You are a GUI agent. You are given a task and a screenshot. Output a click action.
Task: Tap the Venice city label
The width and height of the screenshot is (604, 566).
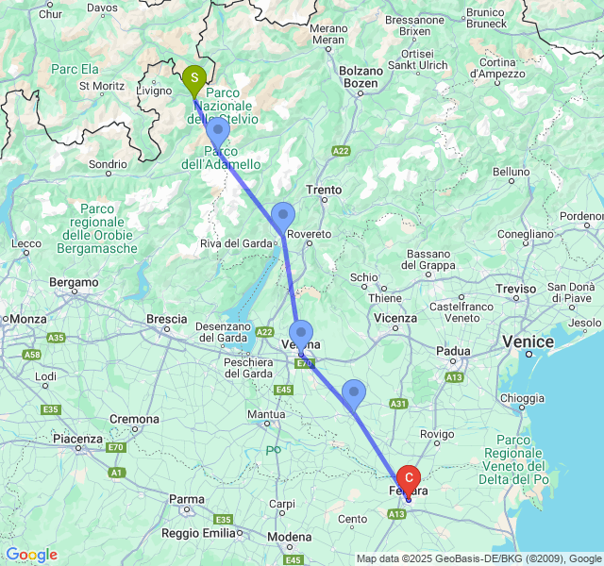(x=528, y=341)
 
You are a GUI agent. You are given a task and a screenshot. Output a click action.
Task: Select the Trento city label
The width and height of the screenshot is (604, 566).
(x=324, y=190)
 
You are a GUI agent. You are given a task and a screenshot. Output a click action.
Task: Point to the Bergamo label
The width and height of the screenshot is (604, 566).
(x=74, y=282)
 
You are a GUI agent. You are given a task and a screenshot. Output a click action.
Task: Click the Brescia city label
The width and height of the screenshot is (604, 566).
(x=166, y=319)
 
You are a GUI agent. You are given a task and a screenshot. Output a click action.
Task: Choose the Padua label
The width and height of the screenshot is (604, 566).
(x=453, y=351)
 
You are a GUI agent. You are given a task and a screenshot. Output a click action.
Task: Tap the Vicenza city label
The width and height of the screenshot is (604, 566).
(x=394, y=318)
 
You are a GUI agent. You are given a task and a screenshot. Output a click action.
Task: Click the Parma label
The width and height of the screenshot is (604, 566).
(x=186, y=499)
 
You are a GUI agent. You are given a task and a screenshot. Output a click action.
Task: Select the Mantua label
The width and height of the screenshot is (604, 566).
(x=265, y=414)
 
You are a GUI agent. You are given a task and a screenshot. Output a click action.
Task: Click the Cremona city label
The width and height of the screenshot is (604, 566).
(x=134, y=418)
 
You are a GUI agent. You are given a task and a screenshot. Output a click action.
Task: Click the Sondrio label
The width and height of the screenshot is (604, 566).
(x=107, y=164)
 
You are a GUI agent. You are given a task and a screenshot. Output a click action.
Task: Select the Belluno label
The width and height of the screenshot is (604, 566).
(x=511, y=172)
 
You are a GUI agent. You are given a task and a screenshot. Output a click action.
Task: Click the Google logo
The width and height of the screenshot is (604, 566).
(x=31, y=555)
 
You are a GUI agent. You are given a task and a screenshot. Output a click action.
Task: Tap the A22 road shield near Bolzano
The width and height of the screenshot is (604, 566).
(x=341, y=150)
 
